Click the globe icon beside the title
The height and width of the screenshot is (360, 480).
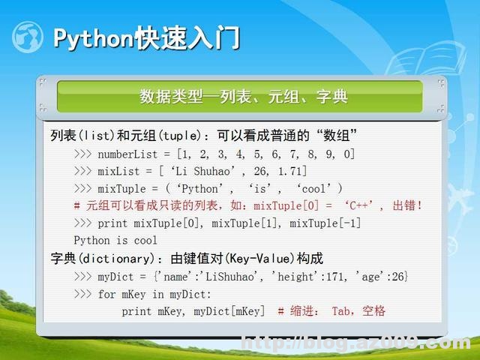[28, 37]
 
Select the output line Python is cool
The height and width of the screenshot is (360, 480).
[115, 241]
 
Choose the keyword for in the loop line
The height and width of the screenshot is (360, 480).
[106, 294]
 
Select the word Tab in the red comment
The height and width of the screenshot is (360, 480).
[341, 311]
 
